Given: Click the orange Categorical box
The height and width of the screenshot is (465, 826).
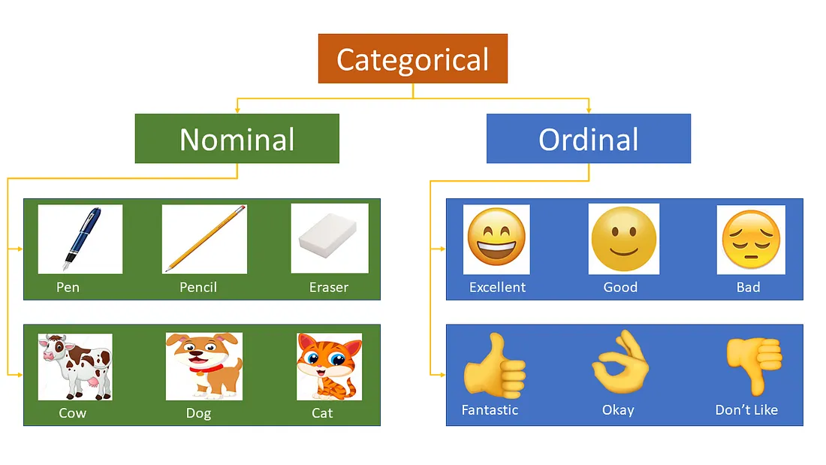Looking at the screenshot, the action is pyautogui.click(x=412, y=59).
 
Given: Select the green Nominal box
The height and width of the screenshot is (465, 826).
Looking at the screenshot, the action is pyautogui.click(x=237, y=139).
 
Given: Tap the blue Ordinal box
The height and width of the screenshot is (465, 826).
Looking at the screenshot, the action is pyautogui.click(x=589, y=139).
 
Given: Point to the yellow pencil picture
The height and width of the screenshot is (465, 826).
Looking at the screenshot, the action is pyautogui.click(x=204, y=239).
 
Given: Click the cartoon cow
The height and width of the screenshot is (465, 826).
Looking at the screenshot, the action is pyautogui.click(x=75, y=367).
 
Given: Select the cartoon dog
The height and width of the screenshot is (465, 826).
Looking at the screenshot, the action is pyautogui.click(x=203, y=366).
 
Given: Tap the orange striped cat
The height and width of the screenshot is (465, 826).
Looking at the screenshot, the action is pyautogui.click(x=329, y=367).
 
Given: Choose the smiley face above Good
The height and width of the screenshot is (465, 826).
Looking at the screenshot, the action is pyautogui.click(x=624, y=239).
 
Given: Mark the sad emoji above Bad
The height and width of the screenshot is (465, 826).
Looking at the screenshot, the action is pyautogui.click(x=751, y=240).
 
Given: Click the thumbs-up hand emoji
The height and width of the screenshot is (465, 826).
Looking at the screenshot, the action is pyautogui.click(x=495, y=365).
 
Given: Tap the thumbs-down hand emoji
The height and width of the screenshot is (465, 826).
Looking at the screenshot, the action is pyautogui.click(x=755, y=365).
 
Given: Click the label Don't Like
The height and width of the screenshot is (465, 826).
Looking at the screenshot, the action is pyautogui.click(x=746, y=409).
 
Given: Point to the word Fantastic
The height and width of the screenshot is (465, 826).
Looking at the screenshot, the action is pyautogui.click(x=490, y=409).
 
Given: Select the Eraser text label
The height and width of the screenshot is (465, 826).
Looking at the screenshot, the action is pyautogui.click(x=329, y=287).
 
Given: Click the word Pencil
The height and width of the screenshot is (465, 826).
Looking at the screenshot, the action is pyautogui.click(x=198, y=287).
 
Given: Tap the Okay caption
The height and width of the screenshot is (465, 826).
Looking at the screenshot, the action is pyautogui.click(x=618, y=410).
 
